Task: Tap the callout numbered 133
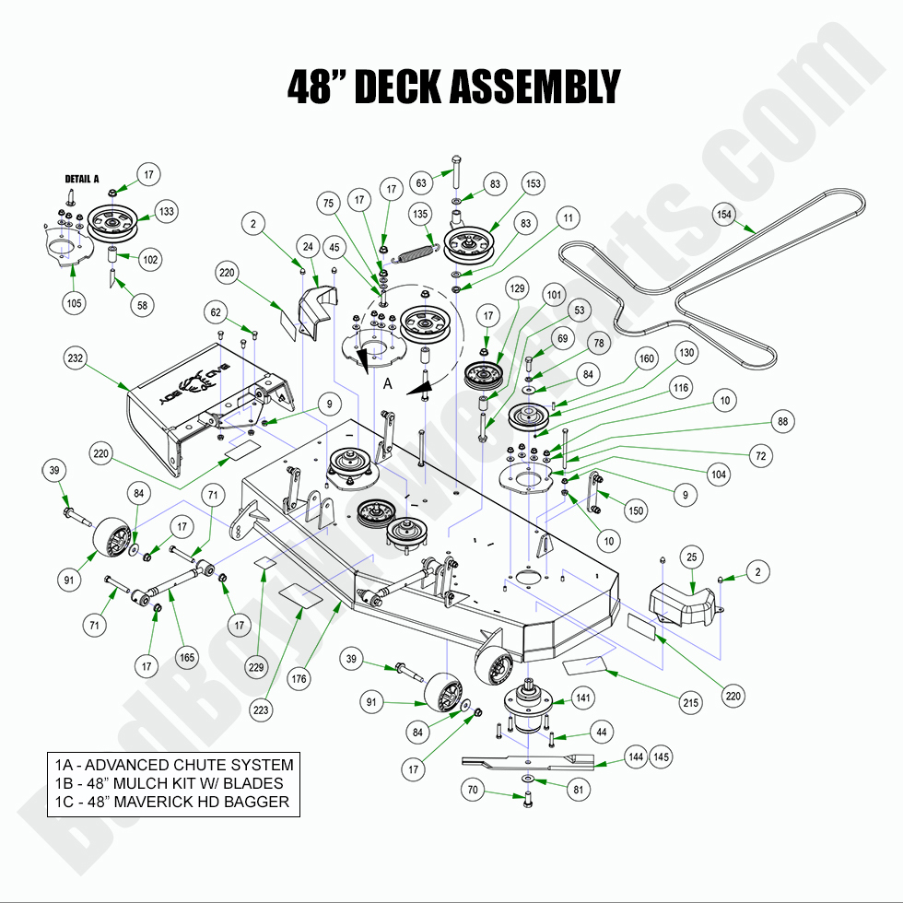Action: point(165,211)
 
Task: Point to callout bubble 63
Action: point(420,182)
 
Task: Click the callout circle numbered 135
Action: point(420,215)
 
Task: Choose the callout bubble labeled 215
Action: point(689,703)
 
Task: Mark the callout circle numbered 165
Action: point(187,659)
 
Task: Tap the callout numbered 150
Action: point(636,510)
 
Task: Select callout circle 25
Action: point(692,557)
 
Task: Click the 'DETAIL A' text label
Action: point(81,179)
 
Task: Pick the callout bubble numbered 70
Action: point(474,790)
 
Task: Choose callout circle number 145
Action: point(660,756)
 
